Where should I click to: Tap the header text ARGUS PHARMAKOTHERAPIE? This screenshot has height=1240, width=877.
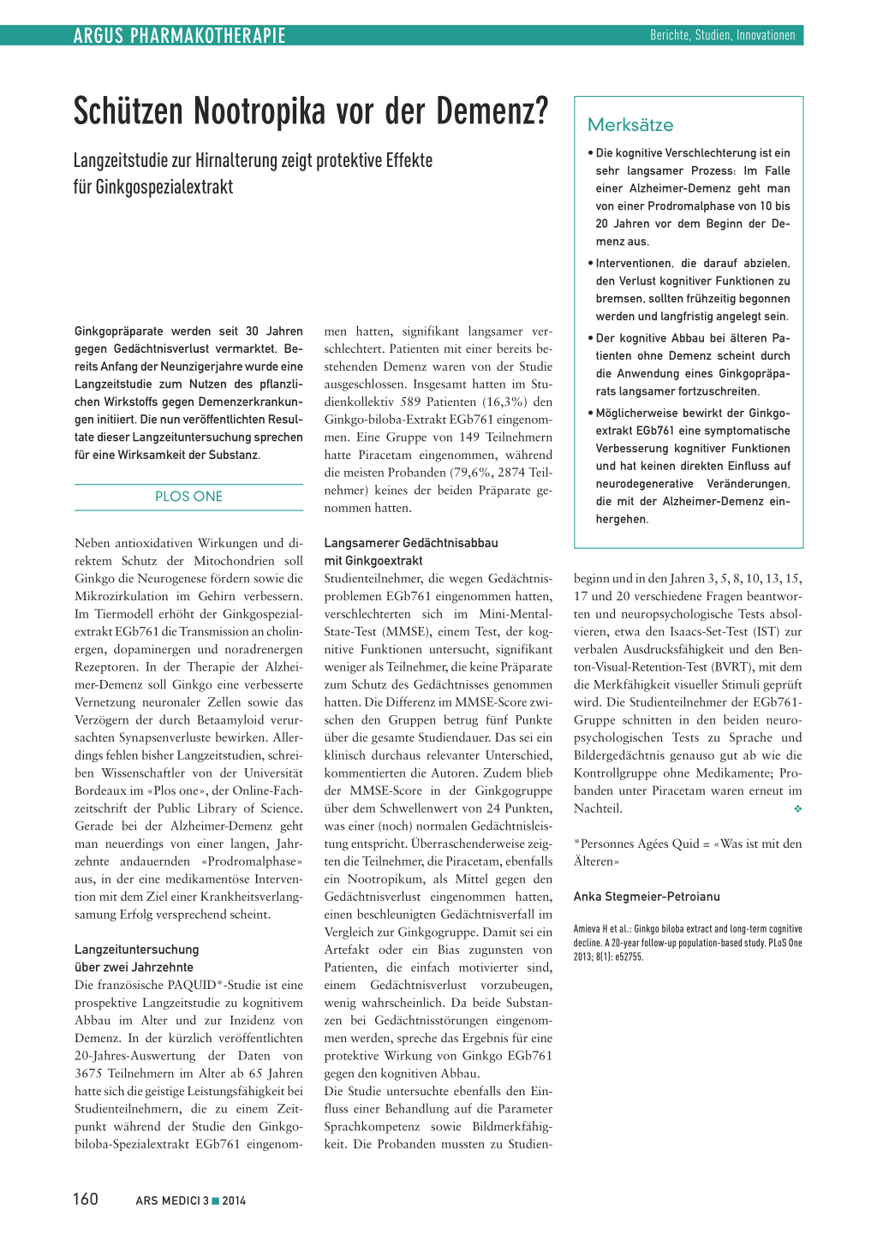[179, 35]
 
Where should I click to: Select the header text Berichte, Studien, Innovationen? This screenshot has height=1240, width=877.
[722, 35]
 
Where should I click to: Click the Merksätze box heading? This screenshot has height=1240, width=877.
[630, 125]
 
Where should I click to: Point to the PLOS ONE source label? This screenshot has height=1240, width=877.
[188, 497]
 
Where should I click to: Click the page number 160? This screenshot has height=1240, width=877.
[86, 1199]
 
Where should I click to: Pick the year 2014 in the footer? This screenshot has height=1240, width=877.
[234, 1201]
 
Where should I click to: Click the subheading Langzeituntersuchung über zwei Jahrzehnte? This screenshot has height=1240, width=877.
[136, 958]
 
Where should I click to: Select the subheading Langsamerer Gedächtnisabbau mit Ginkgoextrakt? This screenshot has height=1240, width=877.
[410, 551]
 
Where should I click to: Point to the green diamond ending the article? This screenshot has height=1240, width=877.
[797, 808]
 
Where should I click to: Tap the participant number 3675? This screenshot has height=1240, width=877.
[89, 1074]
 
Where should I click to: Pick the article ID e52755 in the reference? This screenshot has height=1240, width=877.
[628, 957]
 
